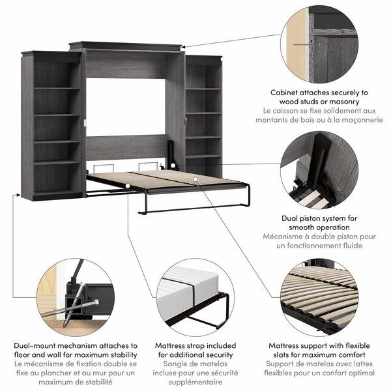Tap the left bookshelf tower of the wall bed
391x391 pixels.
pos(53,124)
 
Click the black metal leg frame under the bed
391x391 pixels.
pos(195,207)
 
